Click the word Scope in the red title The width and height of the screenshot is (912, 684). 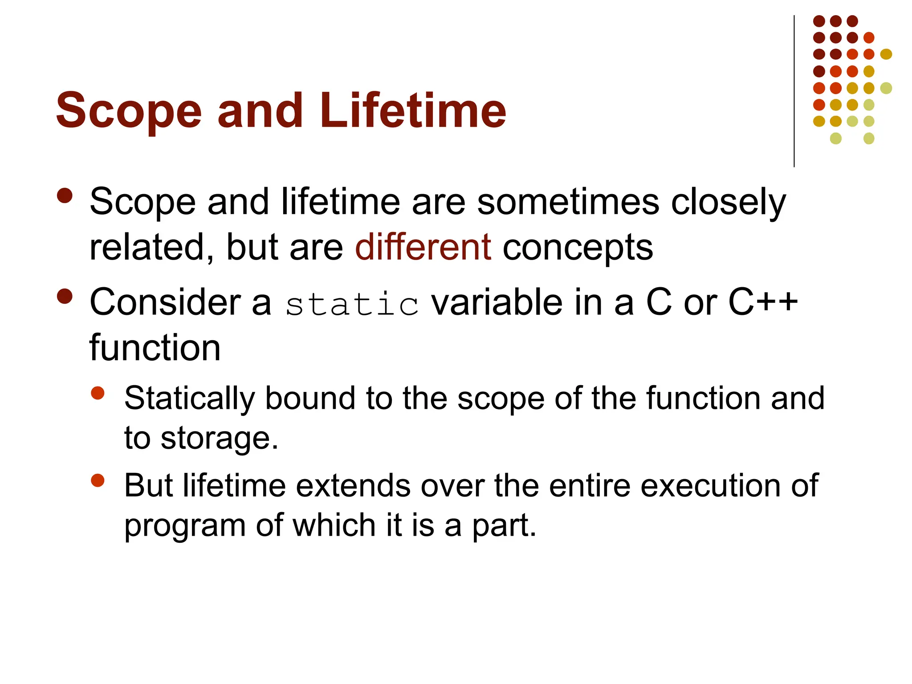129,111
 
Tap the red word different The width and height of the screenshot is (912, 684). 423,247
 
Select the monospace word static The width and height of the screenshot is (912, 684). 352,305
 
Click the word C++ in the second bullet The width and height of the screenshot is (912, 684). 763,302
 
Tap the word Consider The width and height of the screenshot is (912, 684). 165,302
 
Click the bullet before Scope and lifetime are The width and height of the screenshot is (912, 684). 65,196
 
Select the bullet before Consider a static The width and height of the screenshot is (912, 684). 65,296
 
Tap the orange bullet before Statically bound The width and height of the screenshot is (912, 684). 98,393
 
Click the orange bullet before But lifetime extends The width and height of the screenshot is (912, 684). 98,480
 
